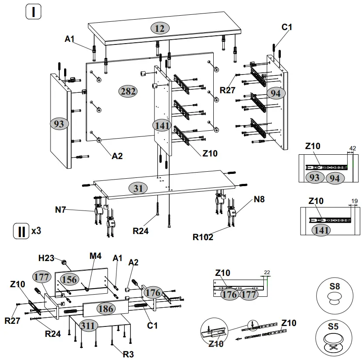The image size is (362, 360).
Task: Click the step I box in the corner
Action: point(33,12)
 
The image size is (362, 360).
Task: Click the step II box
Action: point(20,231)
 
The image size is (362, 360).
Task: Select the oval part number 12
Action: point(160,28)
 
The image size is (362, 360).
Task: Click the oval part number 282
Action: point(127,91)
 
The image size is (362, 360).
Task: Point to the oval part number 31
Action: point(138,188)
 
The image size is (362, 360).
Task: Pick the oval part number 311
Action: point(88,326)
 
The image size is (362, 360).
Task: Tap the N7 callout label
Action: point(61,210)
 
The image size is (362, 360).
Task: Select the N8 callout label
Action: point(259,200)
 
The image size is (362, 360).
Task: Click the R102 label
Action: point(203,237)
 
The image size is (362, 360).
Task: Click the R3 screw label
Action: point(128,354)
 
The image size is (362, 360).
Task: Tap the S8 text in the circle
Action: point(335,286)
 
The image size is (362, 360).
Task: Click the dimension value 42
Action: point(352,148)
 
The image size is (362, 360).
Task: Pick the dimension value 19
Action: point(354,201)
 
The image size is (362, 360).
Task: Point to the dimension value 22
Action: point(267,272)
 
